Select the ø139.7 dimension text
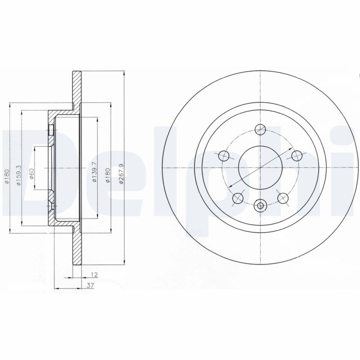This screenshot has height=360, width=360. tap(94, 172)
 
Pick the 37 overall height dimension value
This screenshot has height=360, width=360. tap(90, 286)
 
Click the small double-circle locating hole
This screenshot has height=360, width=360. tap(260, 206)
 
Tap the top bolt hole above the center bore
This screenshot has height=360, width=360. tap(260, 130)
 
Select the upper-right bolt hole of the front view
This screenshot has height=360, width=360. tap(296, 156)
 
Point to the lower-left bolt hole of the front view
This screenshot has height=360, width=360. tap(238, 198)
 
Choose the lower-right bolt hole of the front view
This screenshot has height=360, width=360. tap(283, 198)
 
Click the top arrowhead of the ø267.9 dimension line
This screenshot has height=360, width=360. tap(124, 73)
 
